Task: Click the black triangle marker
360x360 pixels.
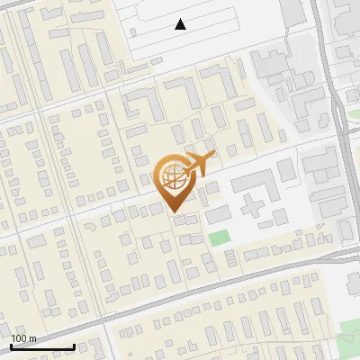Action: pos(181,24)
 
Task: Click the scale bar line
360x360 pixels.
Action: pos(42,346)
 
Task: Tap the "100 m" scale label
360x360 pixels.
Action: pos(23,338)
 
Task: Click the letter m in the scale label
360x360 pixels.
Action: pos(32,338)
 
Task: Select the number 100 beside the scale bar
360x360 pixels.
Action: pos(19,338)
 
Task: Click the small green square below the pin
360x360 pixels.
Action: pos(219,238)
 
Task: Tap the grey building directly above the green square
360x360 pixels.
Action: pos(218,214)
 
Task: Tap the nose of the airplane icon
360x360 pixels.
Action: pos(214,157)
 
